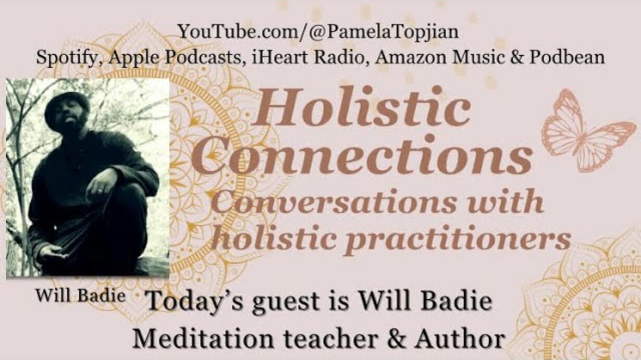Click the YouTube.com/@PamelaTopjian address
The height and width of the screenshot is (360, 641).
(318, 32)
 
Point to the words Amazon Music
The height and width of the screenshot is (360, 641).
(439, 57)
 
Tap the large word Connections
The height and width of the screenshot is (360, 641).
(363, 156)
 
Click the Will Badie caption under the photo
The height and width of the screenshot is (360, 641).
(80, 295)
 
